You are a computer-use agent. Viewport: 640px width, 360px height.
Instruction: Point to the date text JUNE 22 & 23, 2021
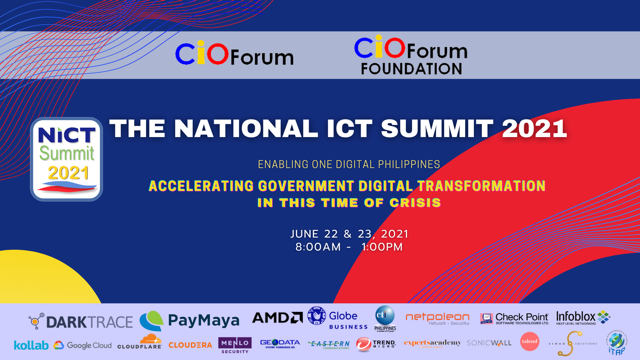349,233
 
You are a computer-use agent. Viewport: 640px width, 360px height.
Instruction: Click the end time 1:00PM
382,246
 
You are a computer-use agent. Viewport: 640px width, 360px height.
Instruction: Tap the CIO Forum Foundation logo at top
410,56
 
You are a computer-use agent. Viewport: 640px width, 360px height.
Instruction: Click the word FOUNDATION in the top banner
411,69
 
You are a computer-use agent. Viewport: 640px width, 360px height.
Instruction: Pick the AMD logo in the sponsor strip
277,318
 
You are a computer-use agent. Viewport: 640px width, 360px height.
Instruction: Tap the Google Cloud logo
83,345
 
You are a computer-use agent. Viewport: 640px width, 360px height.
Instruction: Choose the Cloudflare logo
139,343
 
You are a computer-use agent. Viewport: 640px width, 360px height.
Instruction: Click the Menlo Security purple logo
234,345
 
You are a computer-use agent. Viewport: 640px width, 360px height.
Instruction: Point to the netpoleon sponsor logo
437,319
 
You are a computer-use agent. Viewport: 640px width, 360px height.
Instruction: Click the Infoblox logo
582,318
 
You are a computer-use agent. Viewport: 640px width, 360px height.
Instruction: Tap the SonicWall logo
488,343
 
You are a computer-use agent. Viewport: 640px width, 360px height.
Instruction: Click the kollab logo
30,345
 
